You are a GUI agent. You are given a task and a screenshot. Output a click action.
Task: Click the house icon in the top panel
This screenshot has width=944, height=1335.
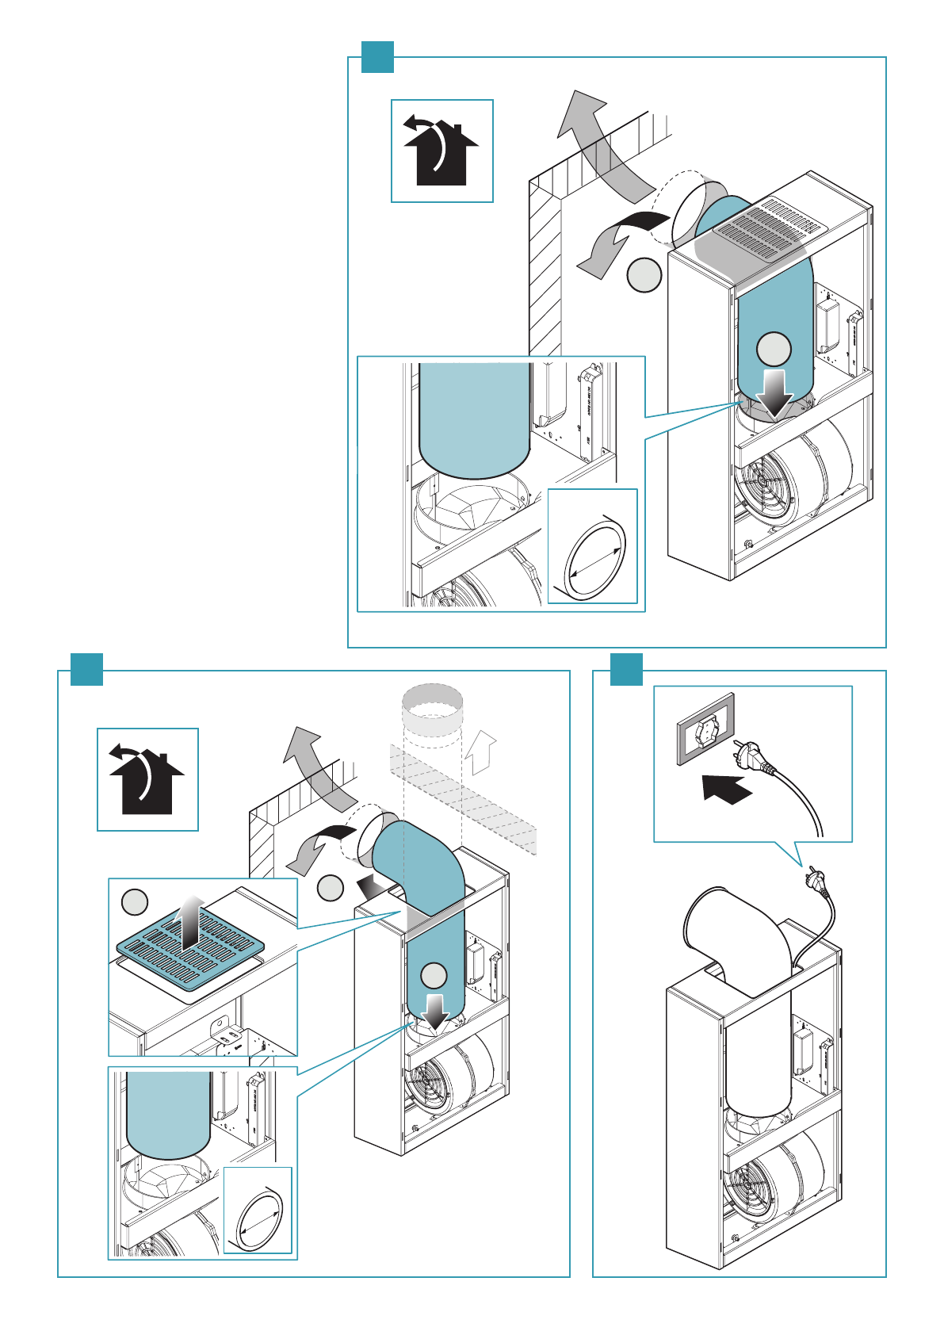tap(441, 151)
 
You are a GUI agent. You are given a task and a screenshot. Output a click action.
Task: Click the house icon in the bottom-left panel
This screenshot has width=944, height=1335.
tap(147, 779)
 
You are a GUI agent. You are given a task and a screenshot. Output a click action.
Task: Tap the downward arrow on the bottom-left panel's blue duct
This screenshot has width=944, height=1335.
tap(434, 1009)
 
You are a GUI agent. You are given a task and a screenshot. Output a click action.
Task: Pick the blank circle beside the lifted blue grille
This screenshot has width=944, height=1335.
tap(135, 902)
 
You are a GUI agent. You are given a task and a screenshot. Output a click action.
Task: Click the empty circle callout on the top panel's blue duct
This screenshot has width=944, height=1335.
tap(774, 350)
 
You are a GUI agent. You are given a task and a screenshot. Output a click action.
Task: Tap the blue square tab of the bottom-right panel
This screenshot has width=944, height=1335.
tap(626, 670)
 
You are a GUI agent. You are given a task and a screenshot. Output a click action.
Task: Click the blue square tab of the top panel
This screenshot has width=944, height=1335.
tap(377, 56)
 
